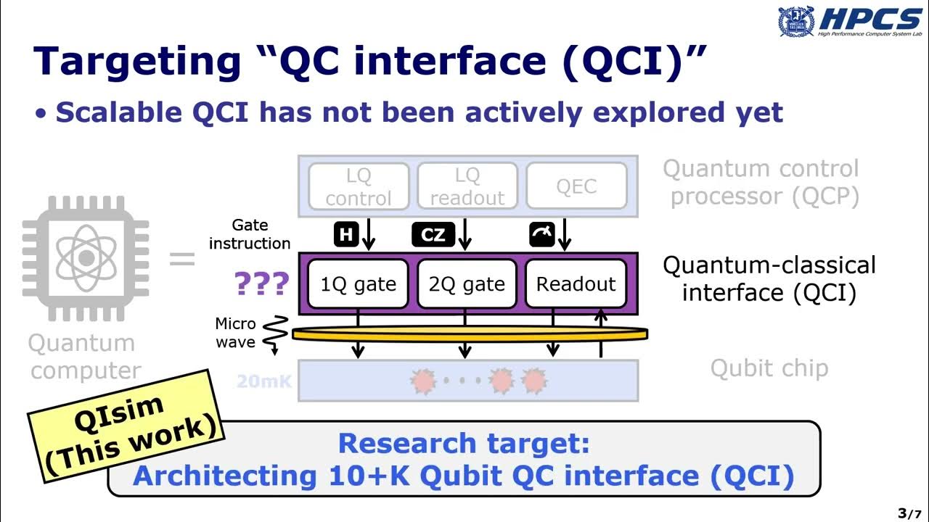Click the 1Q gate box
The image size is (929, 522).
(359, 284)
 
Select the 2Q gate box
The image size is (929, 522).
(467, 284)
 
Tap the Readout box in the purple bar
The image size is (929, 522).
(576, 284)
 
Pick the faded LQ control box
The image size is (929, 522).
(359, 186)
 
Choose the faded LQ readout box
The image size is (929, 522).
(467, 186)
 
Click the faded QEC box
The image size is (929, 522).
(576, 186)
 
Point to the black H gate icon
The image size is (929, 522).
(346, 234)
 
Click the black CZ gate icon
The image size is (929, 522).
(433, 234)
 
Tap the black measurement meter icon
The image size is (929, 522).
(542, 234)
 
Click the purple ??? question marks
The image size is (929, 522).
(262, 285)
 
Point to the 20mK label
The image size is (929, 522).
(263, 381)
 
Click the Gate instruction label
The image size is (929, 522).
(250, 234)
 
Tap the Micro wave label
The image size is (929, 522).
(235, 333)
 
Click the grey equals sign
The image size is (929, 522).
(181, 259)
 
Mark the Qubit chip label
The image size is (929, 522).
(769, 368)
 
